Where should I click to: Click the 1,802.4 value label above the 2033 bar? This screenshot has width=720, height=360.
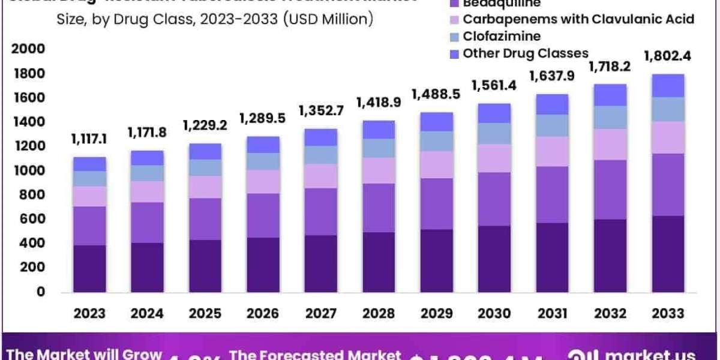point(667,57)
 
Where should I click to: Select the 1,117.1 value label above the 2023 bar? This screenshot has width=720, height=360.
point(89,140)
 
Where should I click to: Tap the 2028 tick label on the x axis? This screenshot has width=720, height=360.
point(378,313)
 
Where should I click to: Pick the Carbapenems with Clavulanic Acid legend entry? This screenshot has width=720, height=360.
point(578,19)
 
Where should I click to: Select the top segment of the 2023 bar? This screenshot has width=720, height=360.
point(89,164)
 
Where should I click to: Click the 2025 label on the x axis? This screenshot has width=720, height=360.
point(205,313)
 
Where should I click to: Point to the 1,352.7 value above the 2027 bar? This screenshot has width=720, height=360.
point(320,110)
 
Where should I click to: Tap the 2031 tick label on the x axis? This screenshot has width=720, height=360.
point(551,313)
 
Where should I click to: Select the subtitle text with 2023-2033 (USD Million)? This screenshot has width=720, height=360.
point(215,19)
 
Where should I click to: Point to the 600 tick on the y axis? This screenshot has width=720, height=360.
point(34,220)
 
